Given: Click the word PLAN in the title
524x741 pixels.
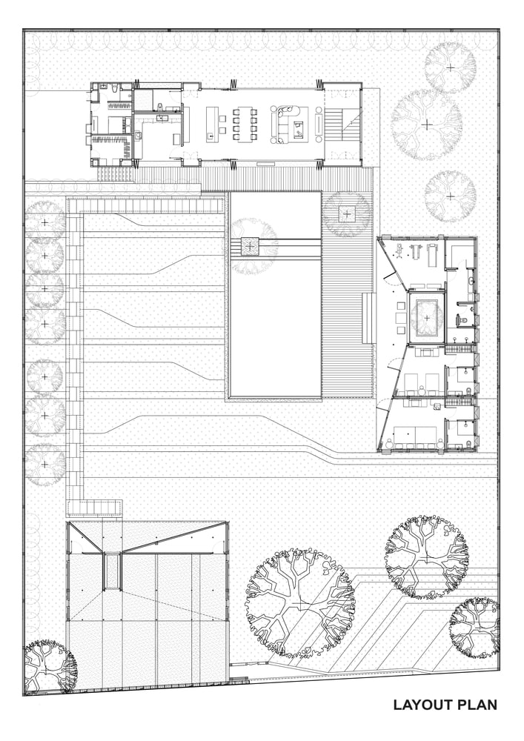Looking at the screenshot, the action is [477, 705].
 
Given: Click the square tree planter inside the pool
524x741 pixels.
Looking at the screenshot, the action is [250, 245].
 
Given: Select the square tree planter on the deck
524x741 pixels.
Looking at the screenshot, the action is [348, 213].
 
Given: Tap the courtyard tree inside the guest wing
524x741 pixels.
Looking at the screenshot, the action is [427, 317].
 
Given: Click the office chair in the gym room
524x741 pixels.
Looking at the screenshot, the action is [399, 249].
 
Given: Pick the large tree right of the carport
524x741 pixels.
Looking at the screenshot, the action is [300, 603].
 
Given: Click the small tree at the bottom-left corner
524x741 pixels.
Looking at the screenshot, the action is [50, 666].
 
